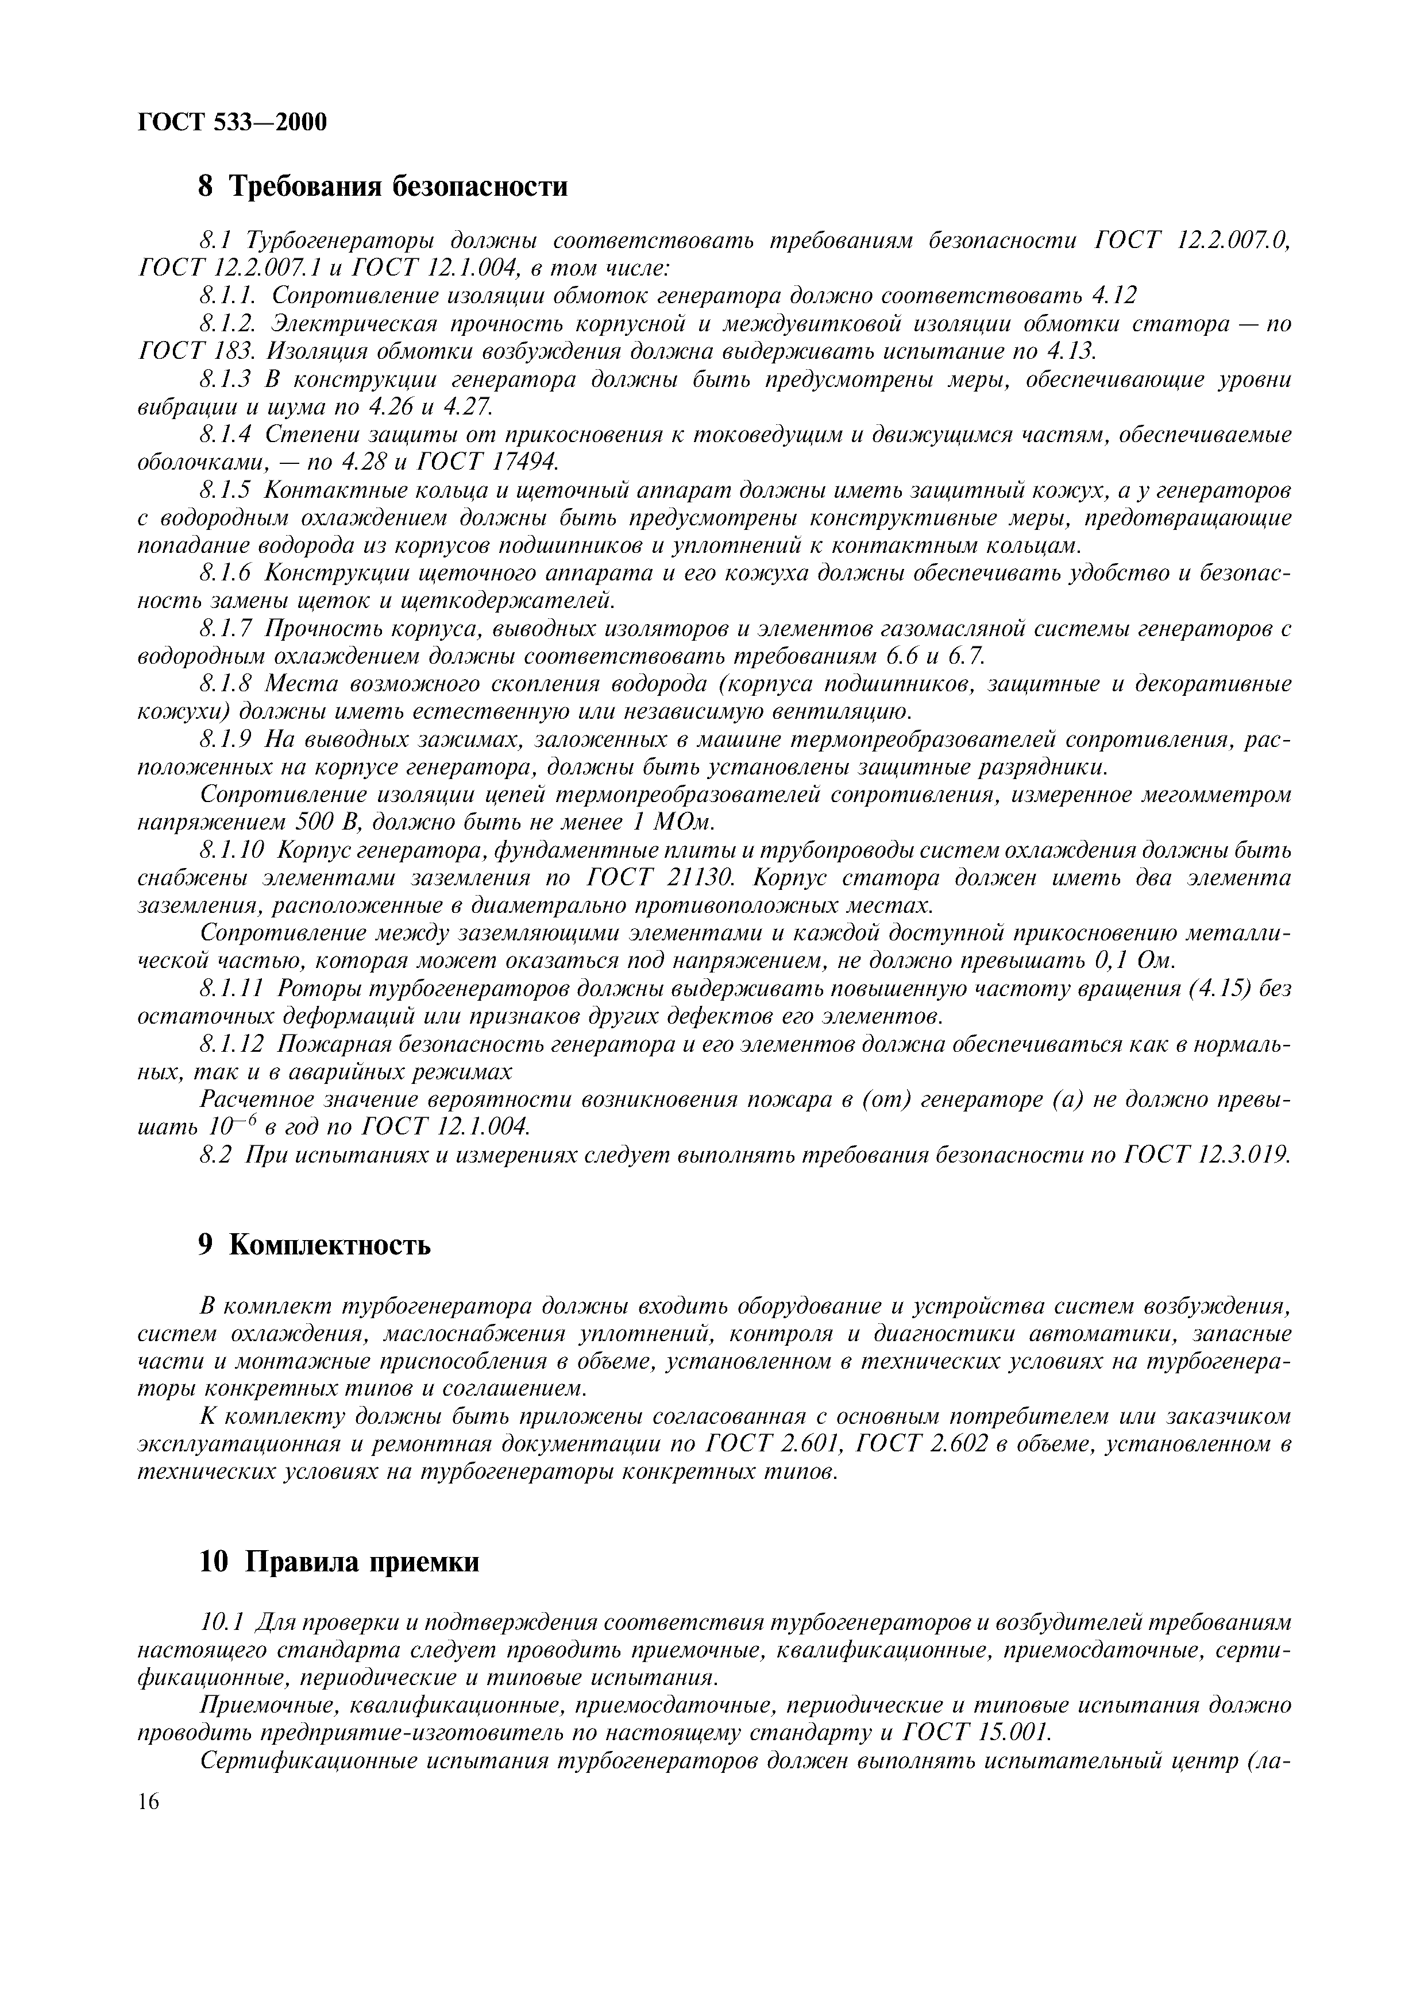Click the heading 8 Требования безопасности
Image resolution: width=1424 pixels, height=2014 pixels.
click(x=383, y=186)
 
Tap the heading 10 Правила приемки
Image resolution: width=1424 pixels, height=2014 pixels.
click(x=339, y=1562)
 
